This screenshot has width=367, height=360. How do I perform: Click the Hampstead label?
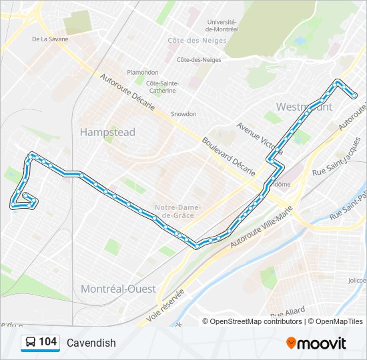point(107,132)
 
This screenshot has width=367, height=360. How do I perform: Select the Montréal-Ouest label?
point(118,289)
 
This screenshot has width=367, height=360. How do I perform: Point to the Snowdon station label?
point(183,114)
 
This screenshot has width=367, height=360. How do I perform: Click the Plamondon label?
point(143,73)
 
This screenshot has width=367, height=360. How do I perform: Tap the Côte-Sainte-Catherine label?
point(163,87)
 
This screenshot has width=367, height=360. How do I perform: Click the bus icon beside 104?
point(31,343)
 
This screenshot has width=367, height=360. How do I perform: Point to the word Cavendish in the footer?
point(91,343)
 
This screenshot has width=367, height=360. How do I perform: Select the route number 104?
point(47,342)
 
